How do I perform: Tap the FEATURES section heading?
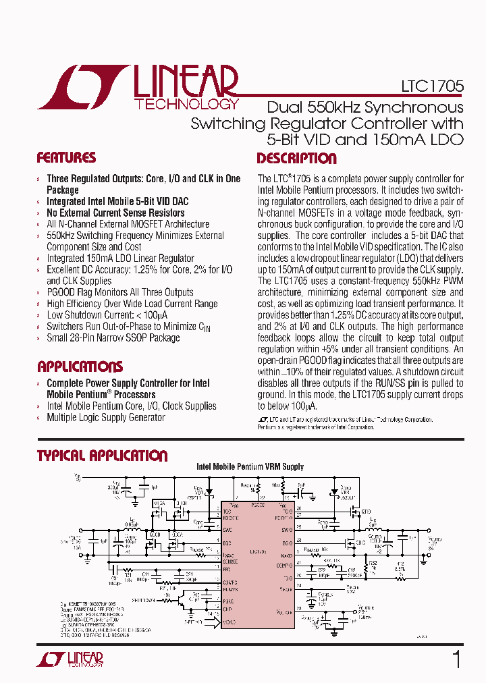pyautogui.click(x=66, y=159)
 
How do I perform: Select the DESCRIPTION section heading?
pyautogui.click(x=296, y=159)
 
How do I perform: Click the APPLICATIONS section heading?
pyautogui.click(x=80, y=367)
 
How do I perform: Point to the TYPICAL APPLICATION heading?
pyautogui.click(x=102, y=456)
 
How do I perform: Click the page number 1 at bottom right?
pyautogui.click(x=456, y=659)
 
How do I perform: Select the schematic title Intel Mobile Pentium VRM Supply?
pyautogui.click(x=250, y=466)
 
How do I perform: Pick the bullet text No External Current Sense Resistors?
pyautogui.click(x=107, y=213)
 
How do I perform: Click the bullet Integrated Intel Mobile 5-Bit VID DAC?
pyautogui.click(x=117, y=201)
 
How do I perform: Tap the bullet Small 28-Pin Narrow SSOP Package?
pyautogui.click(x=113, y=337)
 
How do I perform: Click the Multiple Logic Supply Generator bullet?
pyautogui.click(x=105, y=417)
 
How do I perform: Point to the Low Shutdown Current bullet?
pyautogui.click(x=107, y=315)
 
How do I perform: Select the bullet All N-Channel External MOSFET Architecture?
pyautogui.click(x=128, y=224)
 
